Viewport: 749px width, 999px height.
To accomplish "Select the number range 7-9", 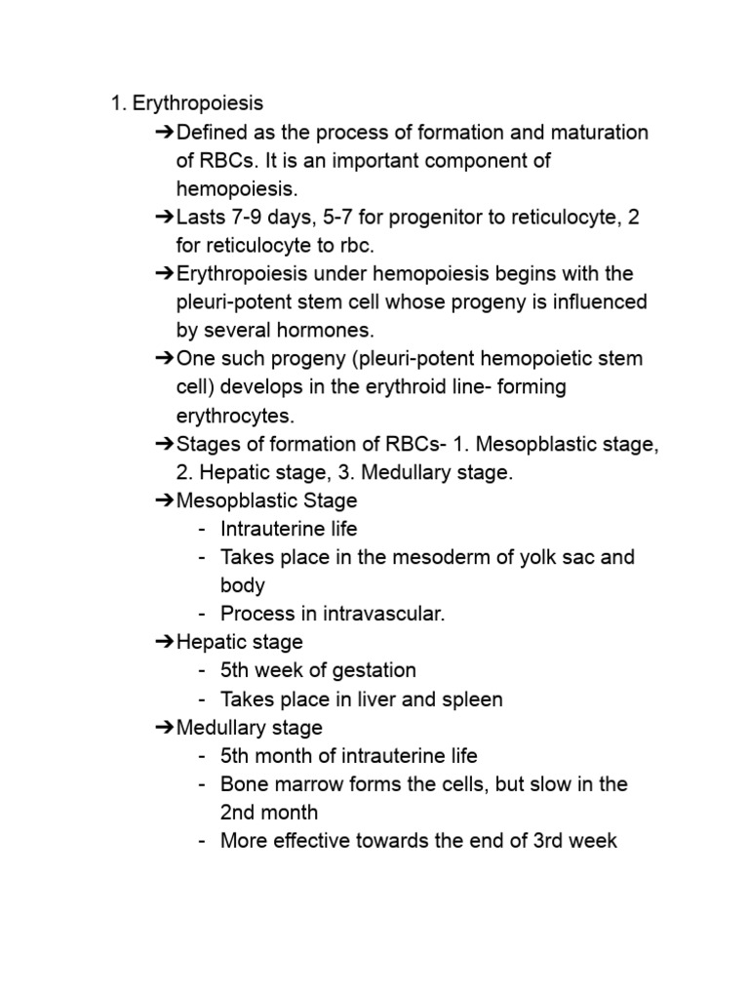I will click(249, 217).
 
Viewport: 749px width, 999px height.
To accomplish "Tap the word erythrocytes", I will click(234, 416).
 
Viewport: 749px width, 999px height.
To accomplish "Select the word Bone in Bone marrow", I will click(244, 783).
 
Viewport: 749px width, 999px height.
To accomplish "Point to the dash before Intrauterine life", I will click(201, 529).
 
